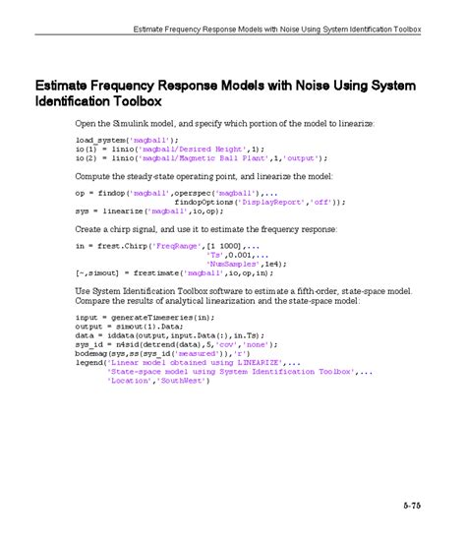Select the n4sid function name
pyautogui.click(x=130, y=344)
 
